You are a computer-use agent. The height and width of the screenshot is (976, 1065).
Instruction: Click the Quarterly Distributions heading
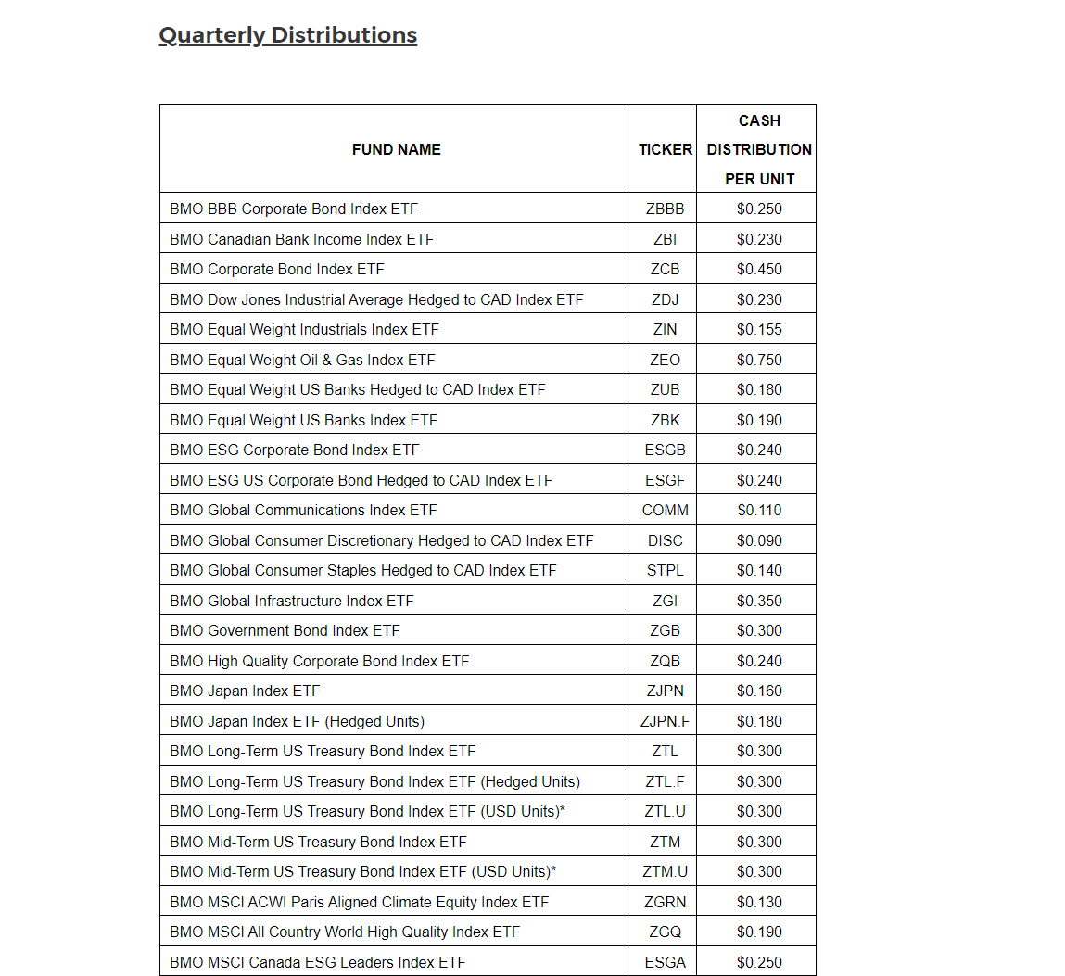(287, 35)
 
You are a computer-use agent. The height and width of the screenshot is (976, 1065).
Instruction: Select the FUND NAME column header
(396, 149)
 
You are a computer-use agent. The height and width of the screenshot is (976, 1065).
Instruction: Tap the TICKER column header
(665, 149)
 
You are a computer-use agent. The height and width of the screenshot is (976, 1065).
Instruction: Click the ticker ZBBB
(665, 209)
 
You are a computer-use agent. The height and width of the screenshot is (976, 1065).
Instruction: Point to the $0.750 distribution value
(759, 360)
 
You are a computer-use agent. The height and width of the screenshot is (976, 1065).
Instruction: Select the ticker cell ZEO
(665, 360)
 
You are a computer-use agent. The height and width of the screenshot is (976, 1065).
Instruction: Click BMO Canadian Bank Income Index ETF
(301, 239)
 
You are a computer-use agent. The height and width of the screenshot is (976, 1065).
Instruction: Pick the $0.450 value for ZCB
(759, 269)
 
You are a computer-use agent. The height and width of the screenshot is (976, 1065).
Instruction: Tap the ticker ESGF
(665, 480)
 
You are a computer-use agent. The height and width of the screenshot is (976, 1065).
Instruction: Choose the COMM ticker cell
(665, 510)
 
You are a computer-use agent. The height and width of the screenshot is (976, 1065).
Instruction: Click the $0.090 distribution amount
(759, 540)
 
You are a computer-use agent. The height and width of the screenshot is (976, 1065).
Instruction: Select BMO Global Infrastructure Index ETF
(291, 601)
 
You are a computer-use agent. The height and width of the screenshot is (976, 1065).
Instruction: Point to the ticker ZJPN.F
(665, 721)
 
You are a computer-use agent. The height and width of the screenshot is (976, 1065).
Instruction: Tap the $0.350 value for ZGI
(759, 601)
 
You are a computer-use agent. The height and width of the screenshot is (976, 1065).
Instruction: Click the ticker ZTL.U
(665, 811)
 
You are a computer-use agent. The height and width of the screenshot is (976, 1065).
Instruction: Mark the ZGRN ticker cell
(665, 902)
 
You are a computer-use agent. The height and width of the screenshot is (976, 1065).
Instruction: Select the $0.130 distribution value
(759, 902)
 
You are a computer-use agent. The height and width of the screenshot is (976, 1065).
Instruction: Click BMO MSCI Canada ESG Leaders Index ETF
(317, 962)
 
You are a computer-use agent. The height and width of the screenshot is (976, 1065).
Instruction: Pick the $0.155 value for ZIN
(759, 329)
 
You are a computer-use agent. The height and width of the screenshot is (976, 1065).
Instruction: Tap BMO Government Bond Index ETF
(285, 630)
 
